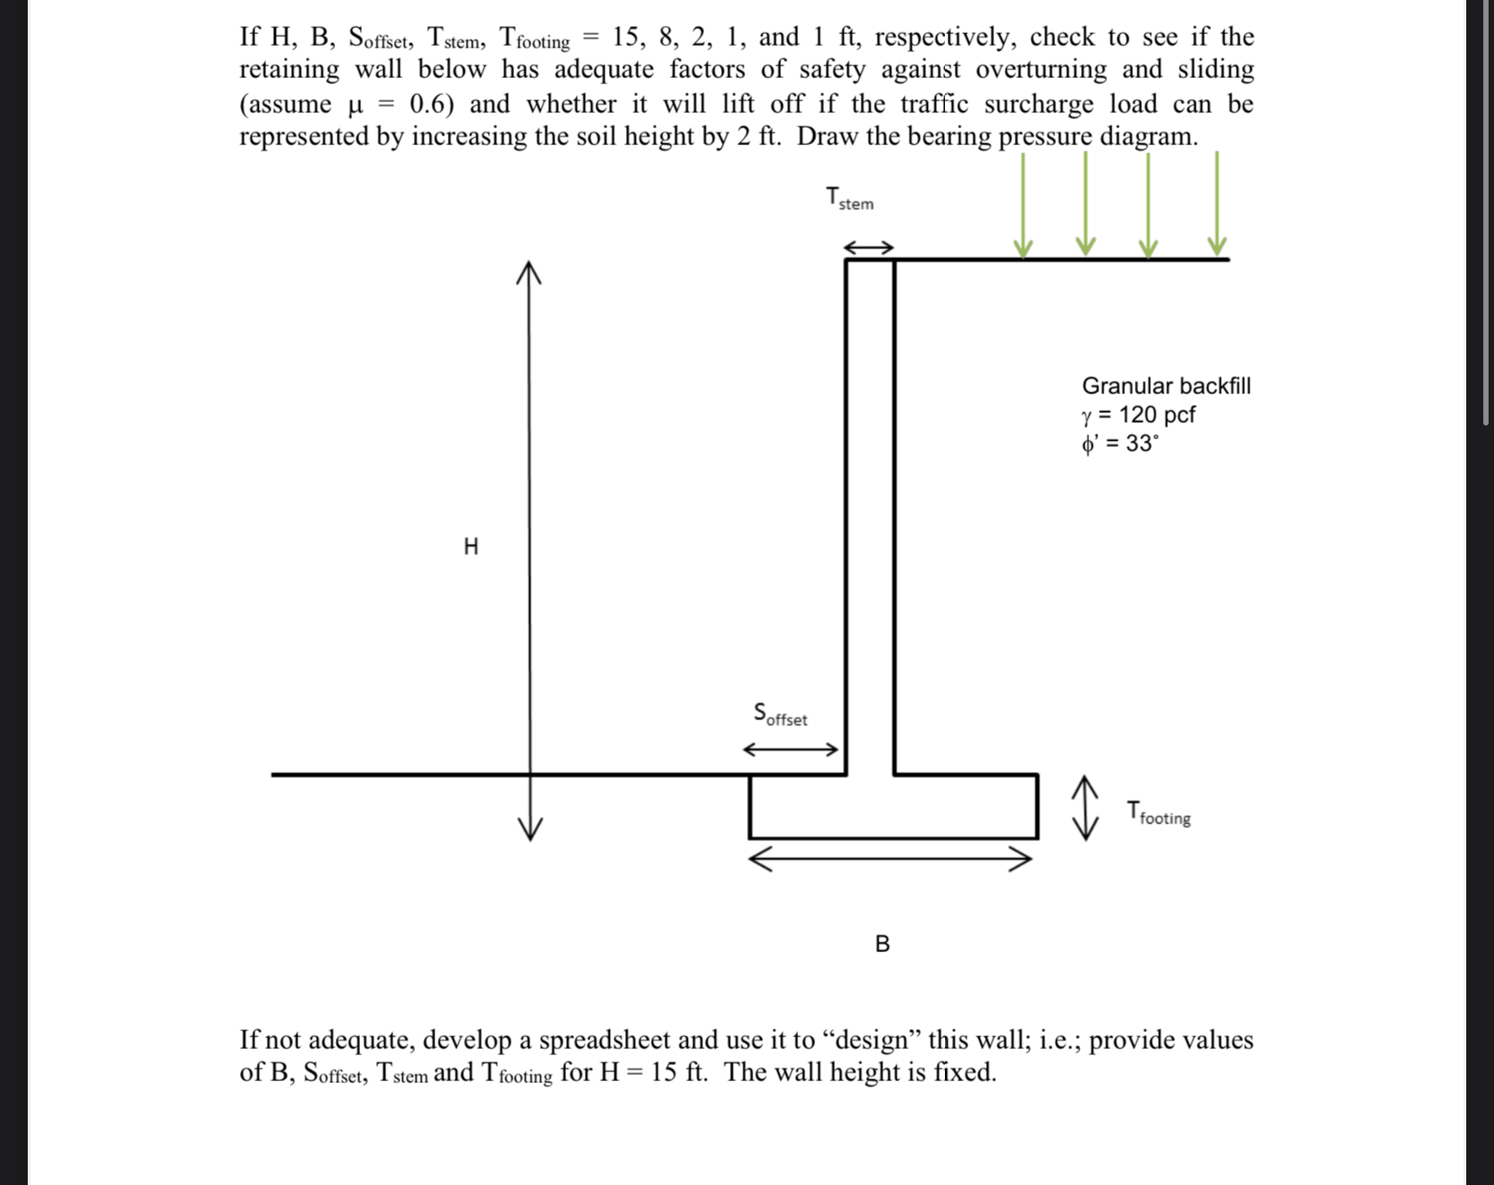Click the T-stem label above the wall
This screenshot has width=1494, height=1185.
click(849, 198)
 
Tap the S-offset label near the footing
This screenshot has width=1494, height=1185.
click(780, 715)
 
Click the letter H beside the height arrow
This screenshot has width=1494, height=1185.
click(471, 546)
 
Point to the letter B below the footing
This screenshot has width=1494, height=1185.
click(882, 944)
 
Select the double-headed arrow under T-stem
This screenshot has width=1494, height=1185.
click(869, 247)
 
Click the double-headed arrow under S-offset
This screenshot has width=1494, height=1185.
click(791, 750)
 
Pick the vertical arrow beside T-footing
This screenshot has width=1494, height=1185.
click(1086, 808)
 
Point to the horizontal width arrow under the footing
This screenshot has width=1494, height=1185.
click(890, 860)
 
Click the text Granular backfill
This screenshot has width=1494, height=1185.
click(1166, 386)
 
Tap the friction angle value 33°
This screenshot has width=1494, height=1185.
click(1141, 443)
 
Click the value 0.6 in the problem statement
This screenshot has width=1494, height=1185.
click(431, 104)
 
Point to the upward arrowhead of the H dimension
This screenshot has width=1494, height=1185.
click(529, 271)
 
